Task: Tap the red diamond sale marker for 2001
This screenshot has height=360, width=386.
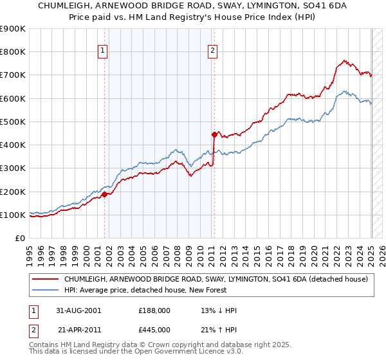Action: point(104,194)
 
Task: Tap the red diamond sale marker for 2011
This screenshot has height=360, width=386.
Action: point(214,134)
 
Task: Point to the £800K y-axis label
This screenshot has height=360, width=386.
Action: point(13,52)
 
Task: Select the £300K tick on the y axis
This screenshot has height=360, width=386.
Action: point(13,168)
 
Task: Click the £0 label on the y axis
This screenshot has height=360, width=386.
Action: point(20,239)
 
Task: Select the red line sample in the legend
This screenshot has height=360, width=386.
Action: point(45,279)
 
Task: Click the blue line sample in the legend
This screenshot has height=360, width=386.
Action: point(45,290)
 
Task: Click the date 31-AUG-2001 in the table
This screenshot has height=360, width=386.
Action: point(79,310)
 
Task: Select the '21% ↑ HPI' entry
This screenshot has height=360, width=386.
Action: point(219,330)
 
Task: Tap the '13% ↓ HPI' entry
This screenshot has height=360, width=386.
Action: point(219,310)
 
